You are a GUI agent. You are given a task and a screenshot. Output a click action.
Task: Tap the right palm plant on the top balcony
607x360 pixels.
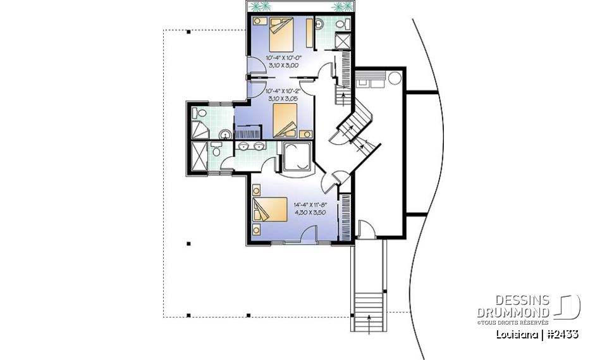[342, 7]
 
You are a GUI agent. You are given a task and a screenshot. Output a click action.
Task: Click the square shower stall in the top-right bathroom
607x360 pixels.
[343, 40]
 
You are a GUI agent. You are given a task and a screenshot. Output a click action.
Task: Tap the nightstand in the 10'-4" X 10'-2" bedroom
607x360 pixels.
[307, 133]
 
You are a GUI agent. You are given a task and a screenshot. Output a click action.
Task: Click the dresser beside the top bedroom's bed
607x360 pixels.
[309, 33]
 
